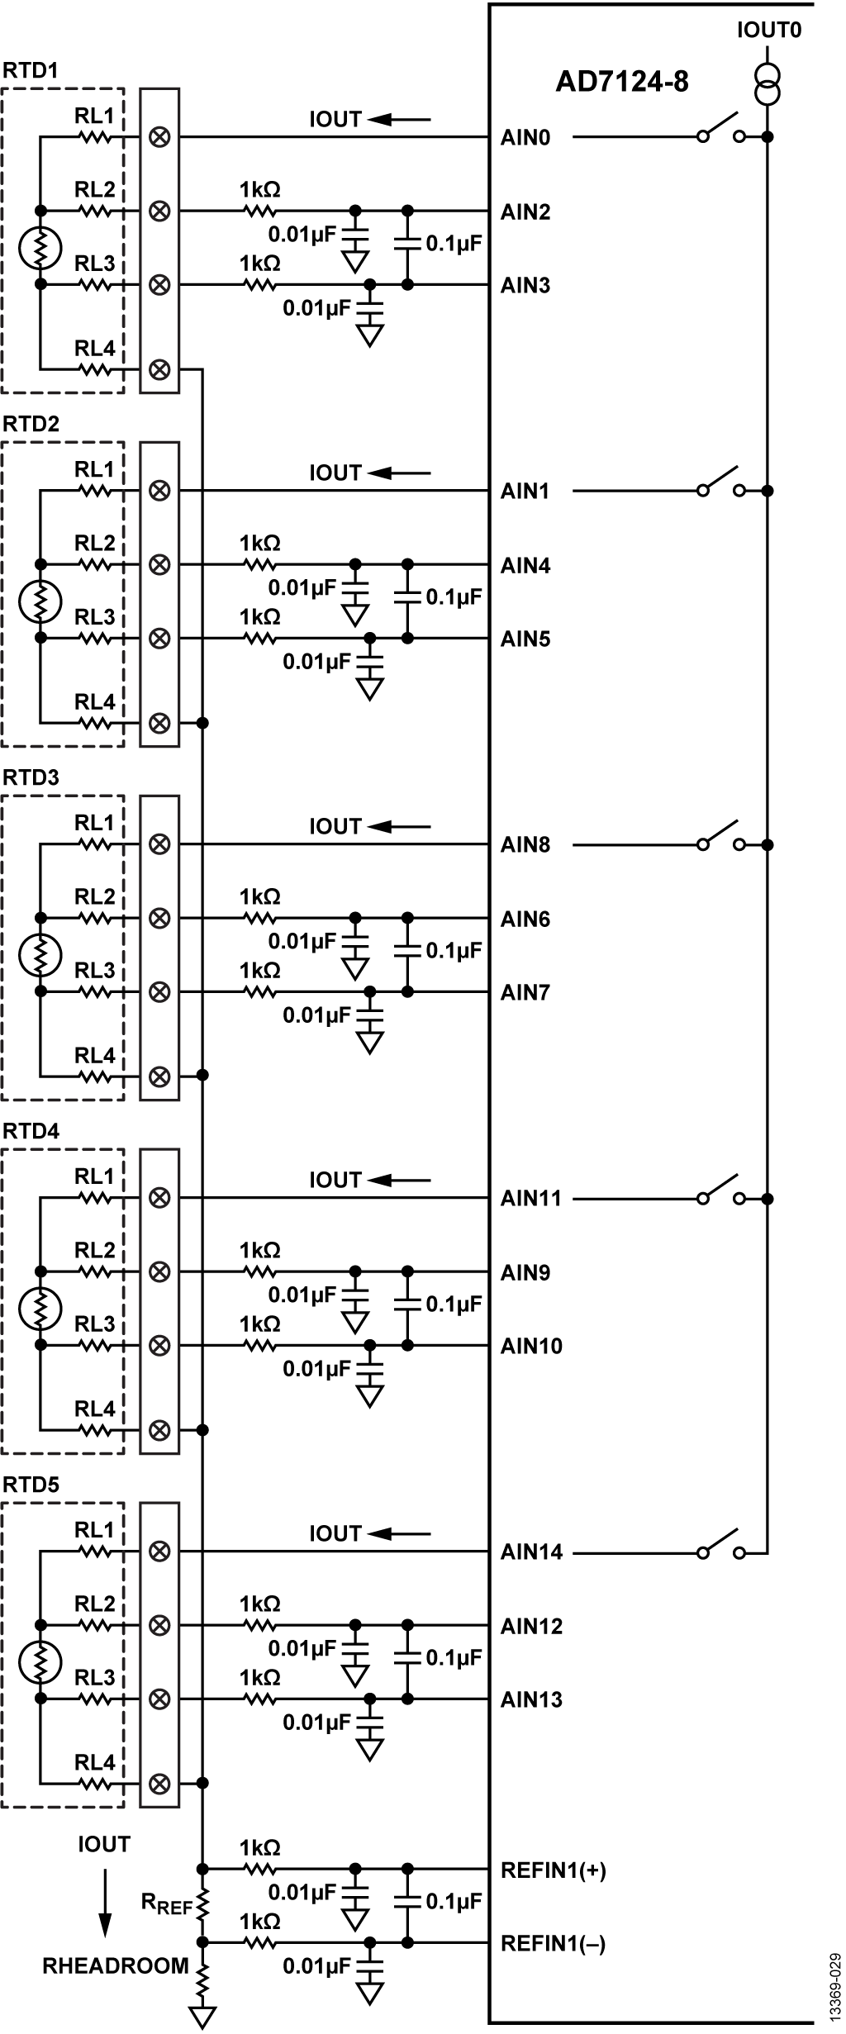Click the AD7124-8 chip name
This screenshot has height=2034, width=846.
click(x=621, y=82)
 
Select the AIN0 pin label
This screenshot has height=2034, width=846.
click(x=525, y=138)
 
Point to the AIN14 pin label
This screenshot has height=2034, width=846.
click(x=531, y=1552)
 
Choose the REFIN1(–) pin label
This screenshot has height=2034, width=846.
click(x=554, y=1944)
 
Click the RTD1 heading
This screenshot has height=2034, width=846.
click(x=31, y=71)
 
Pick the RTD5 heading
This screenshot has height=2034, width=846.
click(x=31, y=1485)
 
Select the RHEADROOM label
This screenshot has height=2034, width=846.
click(x=116, y=1965)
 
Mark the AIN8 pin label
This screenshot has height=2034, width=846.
click(x=525, y=845)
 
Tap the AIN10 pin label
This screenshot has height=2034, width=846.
click(x=531, y=1346)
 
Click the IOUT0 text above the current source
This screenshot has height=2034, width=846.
click(x=769, y=31)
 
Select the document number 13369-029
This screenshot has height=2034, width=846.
click(x=835, y=1984)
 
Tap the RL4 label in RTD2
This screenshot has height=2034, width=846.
click(x=95, y=702)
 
